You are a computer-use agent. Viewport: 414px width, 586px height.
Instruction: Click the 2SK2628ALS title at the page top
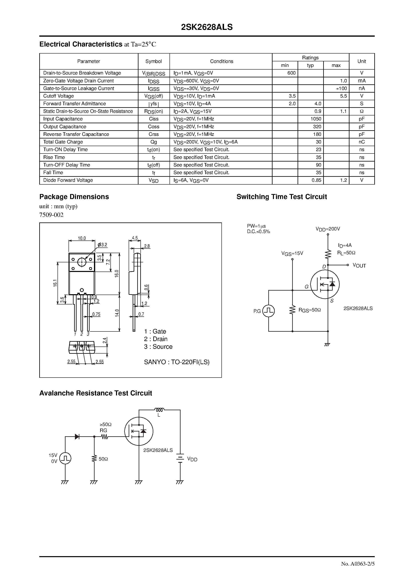pos(207,27)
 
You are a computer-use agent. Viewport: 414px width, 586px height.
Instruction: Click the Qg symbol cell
pos(154,142)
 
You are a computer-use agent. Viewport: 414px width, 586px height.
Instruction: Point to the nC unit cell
pos(361,142)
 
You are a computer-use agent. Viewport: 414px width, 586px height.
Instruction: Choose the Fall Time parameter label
pos(53,173)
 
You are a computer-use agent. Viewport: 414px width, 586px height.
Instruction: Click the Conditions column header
pos(222,61)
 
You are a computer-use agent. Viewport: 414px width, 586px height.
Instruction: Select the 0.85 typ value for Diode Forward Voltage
pos(316,180)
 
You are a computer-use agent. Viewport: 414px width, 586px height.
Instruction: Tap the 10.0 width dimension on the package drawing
pos(82,238)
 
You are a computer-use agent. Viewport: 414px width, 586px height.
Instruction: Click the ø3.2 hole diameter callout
pos(102,245)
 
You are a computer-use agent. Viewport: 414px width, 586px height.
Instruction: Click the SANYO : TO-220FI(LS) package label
pos(177,362)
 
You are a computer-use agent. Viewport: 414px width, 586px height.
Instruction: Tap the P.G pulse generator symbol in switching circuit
pos(269,311)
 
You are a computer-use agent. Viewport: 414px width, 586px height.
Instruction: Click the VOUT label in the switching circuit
pos(359,266)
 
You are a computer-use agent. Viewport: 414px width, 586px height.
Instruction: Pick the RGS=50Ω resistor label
pos(310,310)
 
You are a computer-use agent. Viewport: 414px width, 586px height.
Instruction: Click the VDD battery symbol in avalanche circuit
pos(180,459)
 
